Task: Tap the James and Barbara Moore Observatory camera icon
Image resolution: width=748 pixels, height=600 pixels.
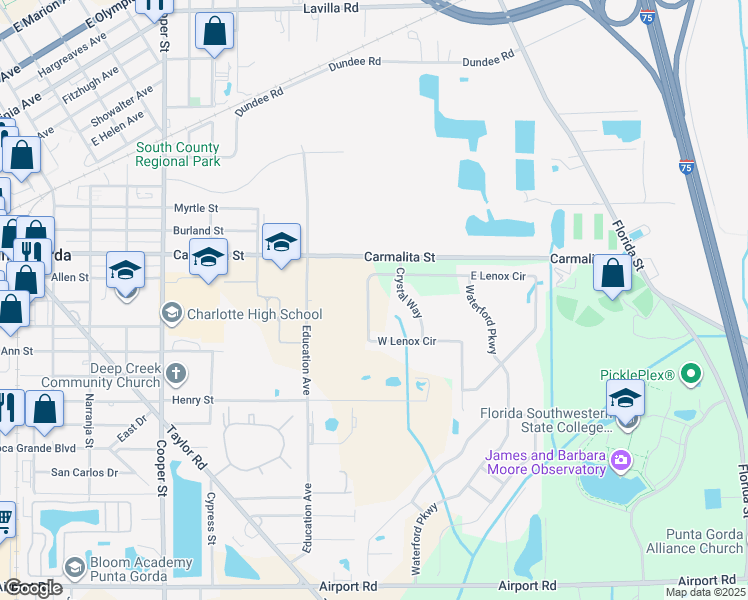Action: [621, 460]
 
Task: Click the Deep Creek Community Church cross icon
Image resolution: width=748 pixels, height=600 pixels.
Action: [175, 375]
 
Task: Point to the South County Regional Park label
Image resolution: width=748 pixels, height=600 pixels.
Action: [178, 154]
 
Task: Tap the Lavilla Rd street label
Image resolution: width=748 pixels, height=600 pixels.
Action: [330, 8]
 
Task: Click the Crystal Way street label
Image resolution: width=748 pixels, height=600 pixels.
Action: [408, 292]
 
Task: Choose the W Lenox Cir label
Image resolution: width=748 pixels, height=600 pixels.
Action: [407, 341]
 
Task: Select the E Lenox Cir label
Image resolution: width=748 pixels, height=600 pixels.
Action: [497, 276]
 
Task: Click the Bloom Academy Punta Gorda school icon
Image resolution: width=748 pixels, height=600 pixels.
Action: [75, 565]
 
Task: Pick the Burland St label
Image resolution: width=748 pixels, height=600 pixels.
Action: [197, 231]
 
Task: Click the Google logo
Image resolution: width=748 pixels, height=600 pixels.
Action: [33, 588]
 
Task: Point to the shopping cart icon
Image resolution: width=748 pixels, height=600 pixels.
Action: [4, 518]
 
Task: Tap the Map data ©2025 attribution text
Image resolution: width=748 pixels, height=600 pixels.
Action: [705, 592]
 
